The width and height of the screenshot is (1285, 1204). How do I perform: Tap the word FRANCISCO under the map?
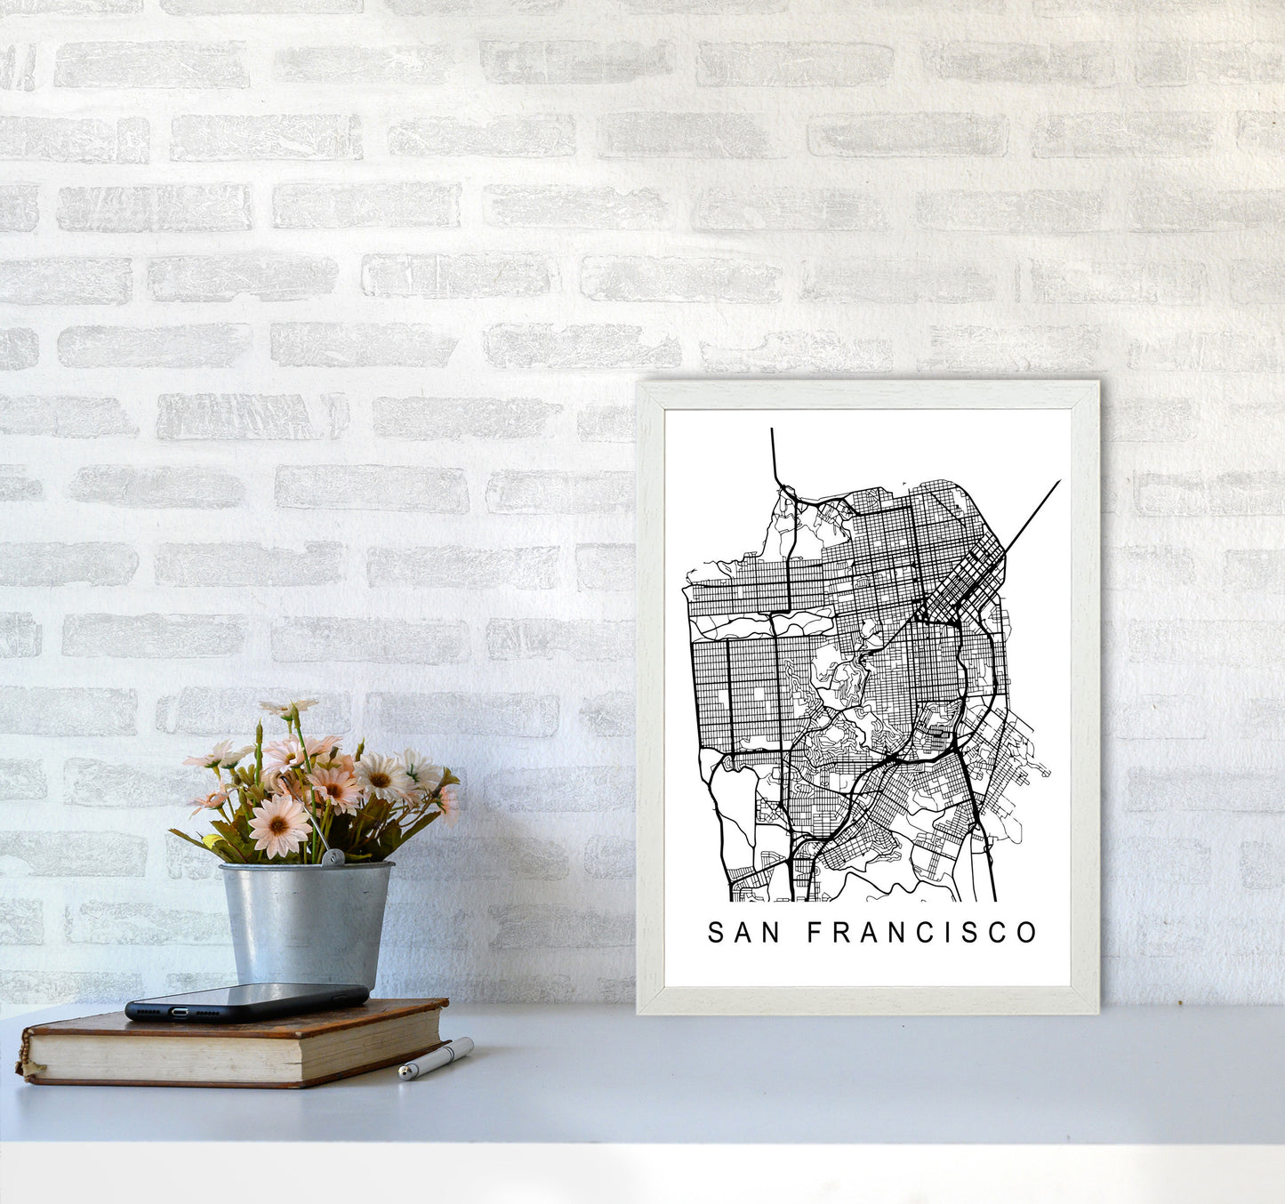point(922,933)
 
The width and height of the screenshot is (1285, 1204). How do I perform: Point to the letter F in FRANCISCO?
point(815,933)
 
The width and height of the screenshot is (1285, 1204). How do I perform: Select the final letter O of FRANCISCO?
point(1027,933)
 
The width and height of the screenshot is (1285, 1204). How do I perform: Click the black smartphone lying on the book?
point(246,1001)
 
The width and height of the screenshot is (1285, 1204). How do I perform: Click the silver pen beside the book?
point(436,1058)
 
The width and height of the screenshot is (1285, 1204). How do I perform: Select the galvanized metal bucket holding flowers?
point(306,925)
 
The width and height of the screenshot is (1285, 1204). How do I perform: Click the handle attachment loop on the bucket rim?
point(333,858)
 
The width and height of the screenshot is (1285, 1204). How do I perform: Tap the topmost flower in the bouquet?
point(289,708)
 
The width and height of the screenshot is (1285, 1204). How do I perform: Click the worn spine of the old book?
point(25,1056)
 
